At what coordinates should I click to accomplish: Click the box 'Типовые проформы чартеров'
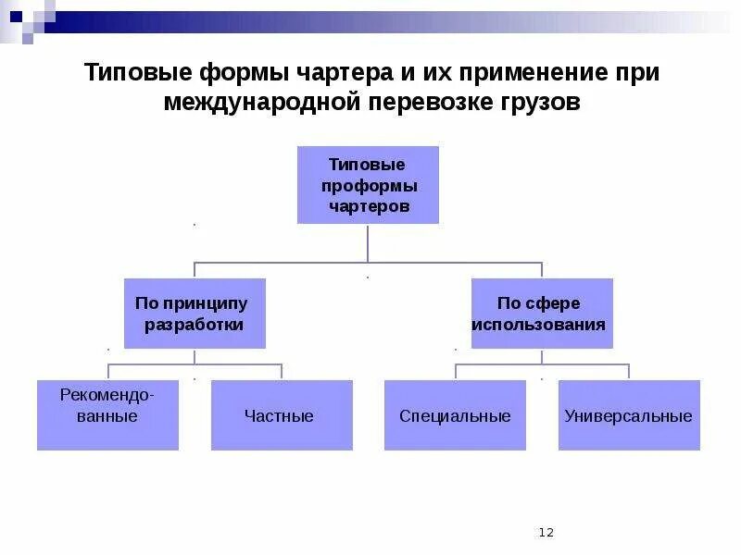[x=368, y=185]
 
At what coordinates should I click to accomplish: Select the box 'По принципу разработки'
[x=195, y=314]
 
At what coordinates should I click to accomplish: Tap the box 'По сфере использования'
[x=541, y=314]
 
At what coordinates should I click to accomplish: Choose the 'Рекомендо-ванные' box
[x=107, y=415]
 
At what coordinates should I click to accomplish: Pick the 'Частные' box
[x=282, y=415]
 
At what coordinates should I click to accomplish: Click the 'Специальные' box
[x=455, y=415]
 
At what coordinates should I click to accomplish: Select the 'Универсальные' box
[x=629, y=415]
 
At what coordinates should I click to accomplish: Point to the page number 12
[x=546, y=532]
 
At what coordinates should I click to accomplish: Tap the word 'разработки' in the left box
[x=195, y=325]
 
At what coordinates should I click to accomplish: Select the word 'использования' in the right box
[x=541, y=325]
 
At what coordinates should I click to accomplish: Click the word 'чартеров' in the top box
[x=369, y=206]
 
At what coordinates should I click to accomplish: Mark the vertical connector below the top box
[x=368, y=243]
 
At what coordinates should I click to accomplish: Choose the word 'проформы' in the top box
[x=369, y=186]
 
